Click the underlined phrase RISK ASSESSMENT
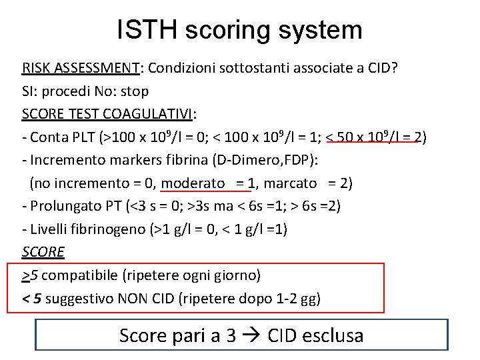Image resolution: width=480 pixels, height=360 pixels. pyautogui.click(x=80, y=68)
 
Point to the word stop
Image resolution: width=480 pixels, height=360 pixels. pyautogui.click(x=135, y=91)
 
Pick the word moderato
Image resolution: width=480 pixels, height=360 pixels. pyautogui.click(x=193, y=183)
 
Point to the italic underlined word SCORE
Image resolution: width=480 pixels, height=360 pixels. pyautogui.click(x=43, y=252)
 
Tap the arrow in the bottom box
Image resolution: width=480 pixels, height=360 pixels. pyautogui.click(x=251, y=335)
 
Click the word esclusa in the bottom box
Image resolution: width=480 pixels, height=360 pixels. pyautogui.click(x=332, y=335)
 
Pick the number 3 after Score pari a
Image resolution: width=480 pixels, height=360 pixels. pyautogui.click(x=231, y=335)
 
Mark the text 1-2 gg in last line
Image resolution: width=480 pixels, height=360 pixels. pyautogui.click(x=297, y=298)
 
